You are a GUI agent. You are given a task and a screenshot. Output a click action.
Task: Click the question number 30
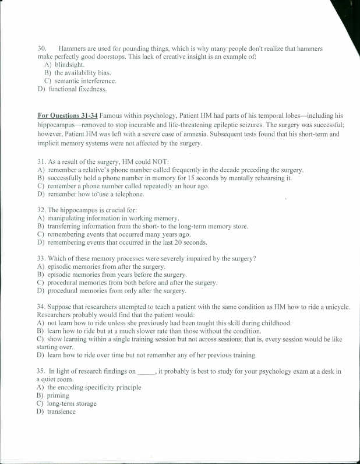[41, 48]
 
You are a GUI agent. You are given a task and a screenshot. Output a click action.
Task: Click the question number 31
[41, 161]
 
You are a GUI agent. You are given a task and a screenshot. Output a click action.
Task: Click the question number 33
[41, 258]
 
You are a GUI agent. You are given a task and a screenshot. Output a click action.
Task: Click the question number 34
[41, 306]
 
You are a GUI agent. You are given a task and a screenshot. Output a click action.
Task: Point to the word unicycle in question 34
[335, 306]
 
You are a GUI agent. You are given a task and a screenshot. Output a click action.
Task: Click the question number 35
[41, 371]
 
